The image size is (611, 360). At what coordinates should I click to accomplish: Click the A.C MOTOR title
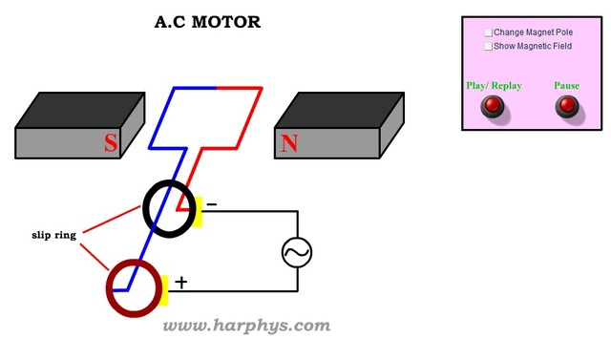point(207,22)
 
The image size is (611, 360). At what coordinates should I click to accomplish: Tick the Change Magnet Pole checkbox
point(489,32)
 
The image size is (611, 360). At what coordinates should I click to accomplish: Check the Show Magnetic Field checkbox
point(489,46)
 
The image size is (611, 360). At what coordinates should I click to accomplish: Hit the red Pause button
point(567,106)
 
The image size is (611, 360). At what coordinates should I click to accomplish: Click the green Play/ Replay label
point(494,86)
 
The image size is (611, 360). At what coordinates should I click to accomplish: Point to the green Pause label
point(566,86)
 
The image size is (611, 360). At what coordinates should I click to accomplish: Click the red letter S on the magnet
point(111,144)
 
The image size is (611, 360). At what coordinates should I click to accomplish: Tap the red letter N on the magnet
point(288,144)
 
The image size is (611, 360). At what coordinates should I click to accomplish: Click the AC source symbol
point(297,252)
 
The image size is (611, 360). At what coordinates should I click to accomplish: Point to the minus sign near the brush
point(212,204)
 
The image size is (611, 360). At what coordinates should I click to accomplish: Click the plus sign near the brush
point(181,283)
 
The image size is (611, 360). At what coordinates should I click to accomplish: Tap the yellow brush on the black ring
point(199,211)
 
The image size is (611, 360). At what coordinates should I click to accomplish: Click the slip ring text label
point(53,234)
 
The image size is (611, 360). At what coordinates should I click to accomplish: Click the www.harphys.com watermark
point(246,326)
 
